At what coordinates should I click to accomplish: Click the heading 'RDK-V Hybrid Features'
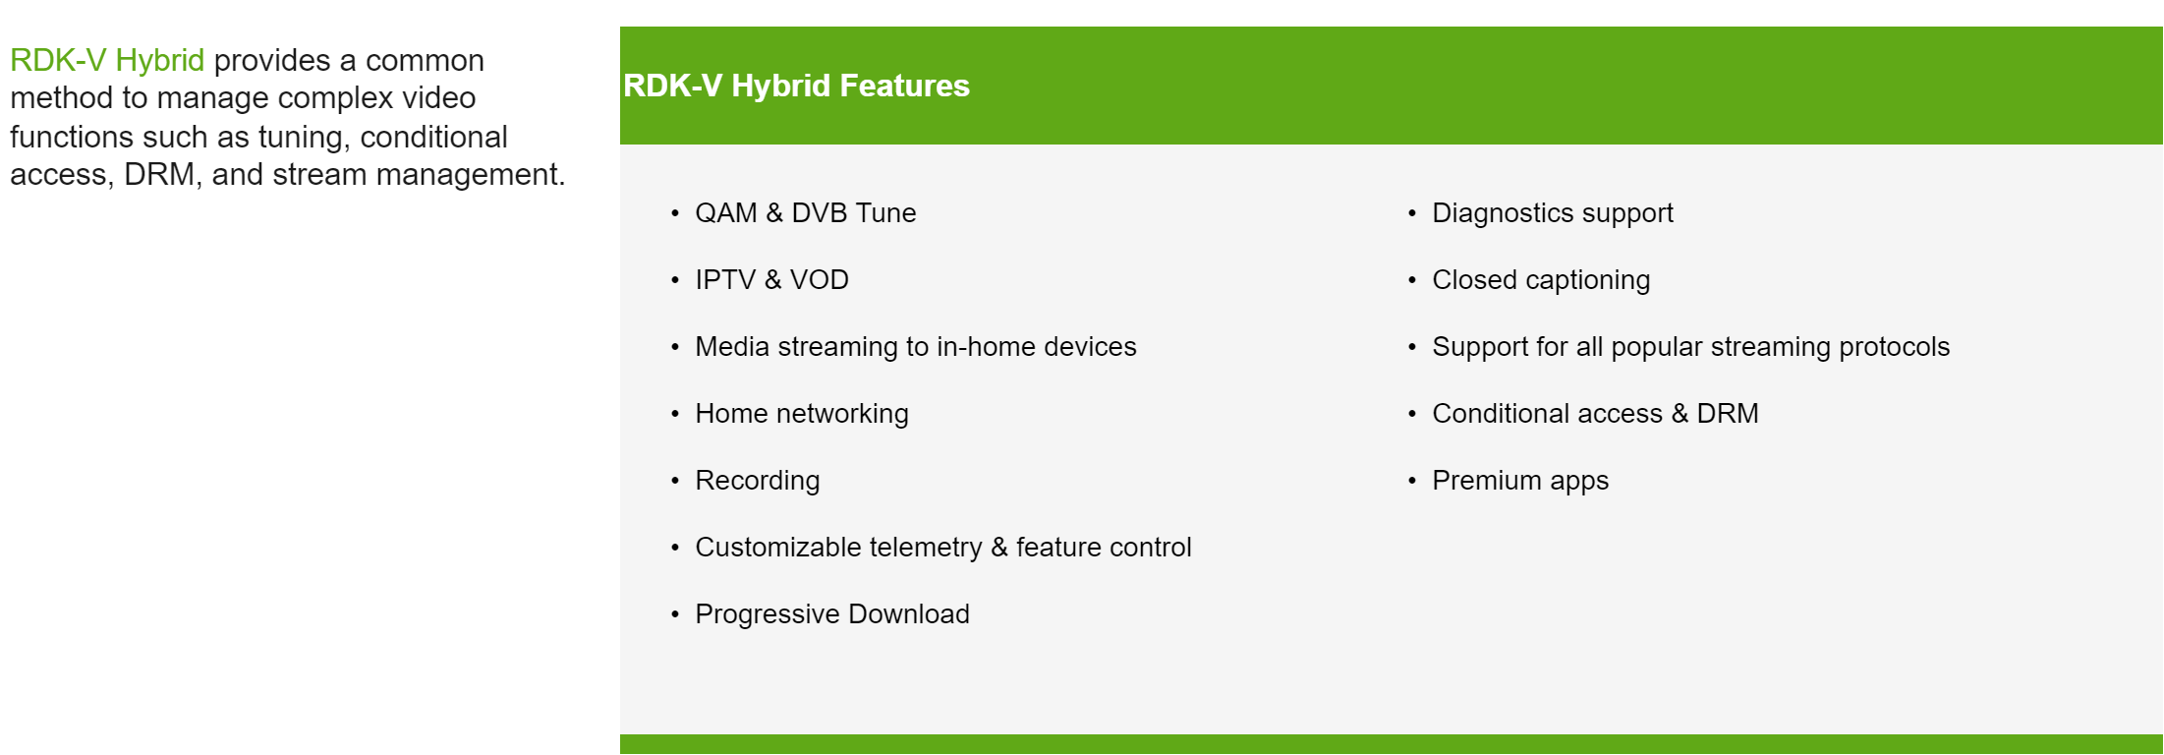point(796,86)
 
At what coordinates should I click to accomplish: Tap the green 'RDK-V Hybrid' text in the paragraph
point(107,60)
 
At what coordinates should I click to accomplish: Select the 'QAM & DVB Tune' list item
point(805,213)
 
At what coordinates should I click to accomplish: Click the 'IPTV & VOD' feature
point(771,280)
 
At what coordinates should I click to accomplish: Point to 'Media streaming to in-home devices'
point(915,347)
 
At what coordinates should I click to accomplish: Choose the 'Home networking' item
point(801,414)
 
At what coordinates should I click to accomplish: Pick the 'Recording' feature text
point(757,481)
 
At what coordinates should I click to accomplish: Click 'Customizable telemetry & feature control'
point(942,548)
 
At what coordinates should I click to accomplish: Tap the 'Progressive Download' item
point(831,614)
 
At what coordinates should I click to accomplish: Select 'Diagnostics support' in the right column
point(1552,213)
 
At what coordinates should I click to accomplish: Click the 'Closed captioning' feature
point(1540,280)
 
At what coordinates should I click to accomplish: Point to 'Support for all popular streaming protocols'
point(1690,347)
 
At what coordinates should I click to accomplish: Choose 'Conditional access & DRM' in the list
point(1595,414)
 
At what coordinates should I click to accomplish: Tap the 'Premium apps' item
point(1519,481)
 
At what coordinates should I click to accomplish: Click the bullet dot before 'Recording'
point(675,481)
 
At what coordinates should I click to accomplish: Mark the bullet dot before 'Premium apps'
point(1412,481)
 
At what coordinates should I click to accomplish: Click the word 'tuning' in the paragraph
point(304,137)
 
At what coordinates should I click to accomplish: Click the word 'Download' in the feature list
point(908,614)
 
